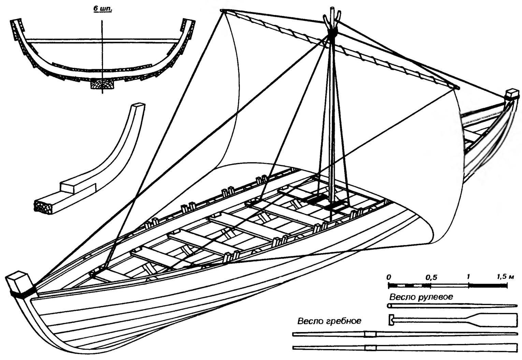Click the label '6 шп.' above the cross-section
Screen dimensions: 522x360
[102, 9]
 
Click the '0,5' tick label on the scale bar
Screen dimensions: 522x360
[431, 277]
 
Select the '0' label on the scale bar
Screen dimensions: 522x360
[389, 277]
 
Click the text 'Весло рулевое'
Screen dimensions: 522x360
[421, 297]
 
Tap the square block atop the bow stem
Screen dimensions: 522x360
[16, 282]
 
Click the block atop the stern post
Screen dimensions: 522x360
[512, 95]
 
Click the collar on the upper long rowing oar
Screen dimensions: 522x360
[370, 334]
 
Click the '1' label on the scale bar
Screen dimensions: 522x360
[468, 277]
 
